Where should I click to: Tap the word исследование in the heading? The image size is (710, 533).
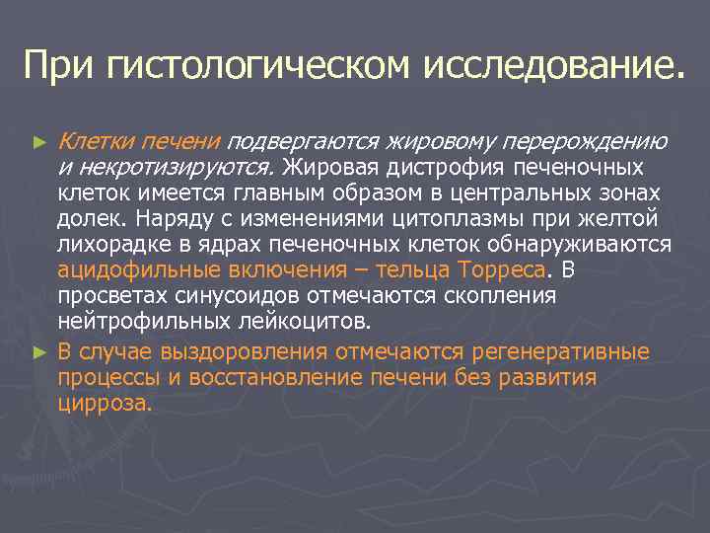551,66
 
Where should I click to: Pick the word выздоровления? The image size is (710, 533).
240,351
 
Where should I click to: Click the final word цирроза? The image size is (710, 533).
105,404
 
